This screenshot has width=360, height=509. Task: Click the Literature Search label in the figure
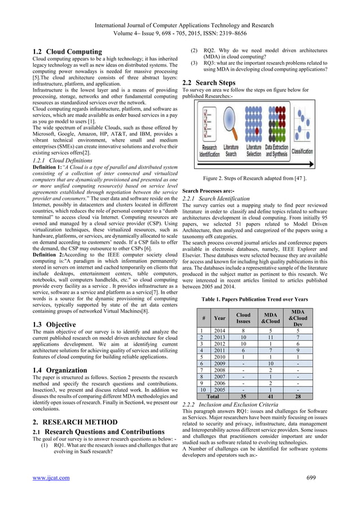[231, 150]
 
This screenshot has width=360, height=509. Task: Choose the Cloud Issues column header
[243, 317]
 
